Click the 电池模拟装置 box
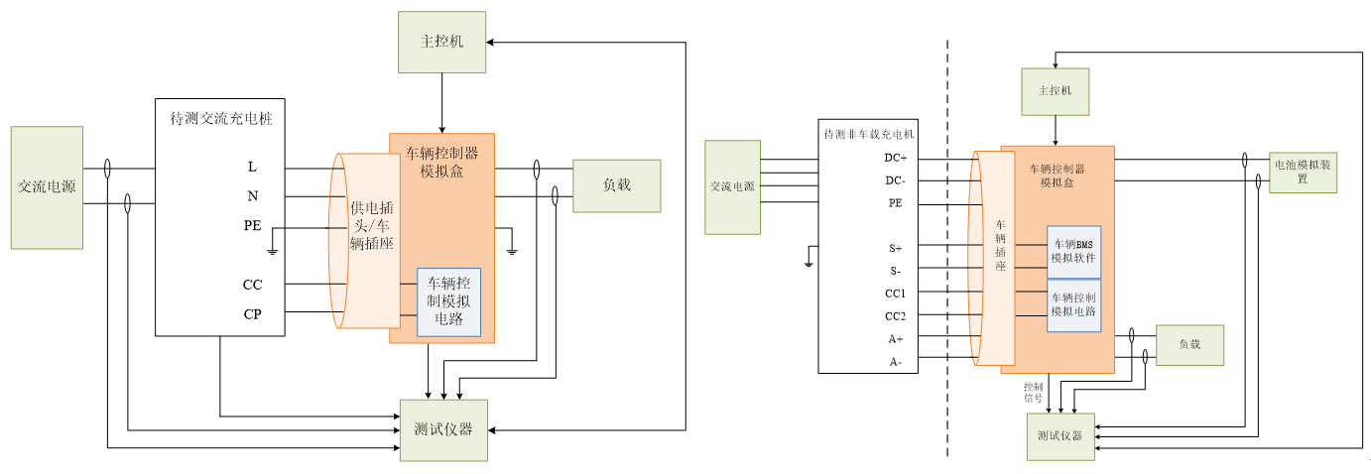[x=1303, y=173]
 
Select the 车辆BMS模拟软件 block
[x=1073, y=251]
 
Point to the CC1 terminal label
[x=896, y=294]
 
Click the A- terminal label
[x=896, y=362]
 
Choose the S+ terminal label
[x=896, y=248]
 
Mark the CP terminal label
[x=253, y=314]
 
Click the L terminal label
[x=252, y=167]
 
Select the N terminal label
[x=252, y=196]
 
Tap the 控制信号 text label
[x=1033, y=392]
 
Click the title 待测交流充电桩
[x=221, y=118]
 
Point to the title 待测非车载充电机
[x=868, y=133]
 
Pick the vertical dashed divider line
[x=947, y=248]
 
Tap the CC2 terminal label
[x=896, y=316]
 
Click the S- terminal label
[x=896, y=271]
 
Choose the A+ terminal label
[x=896, y=339]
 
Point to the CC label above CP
[x=253, y=285]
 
